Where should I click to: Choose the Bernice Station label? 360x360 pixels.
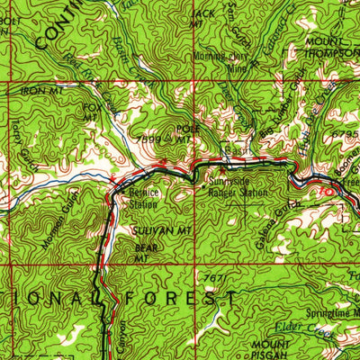145,197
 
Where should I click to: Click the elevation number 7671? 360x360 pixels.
212,278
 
